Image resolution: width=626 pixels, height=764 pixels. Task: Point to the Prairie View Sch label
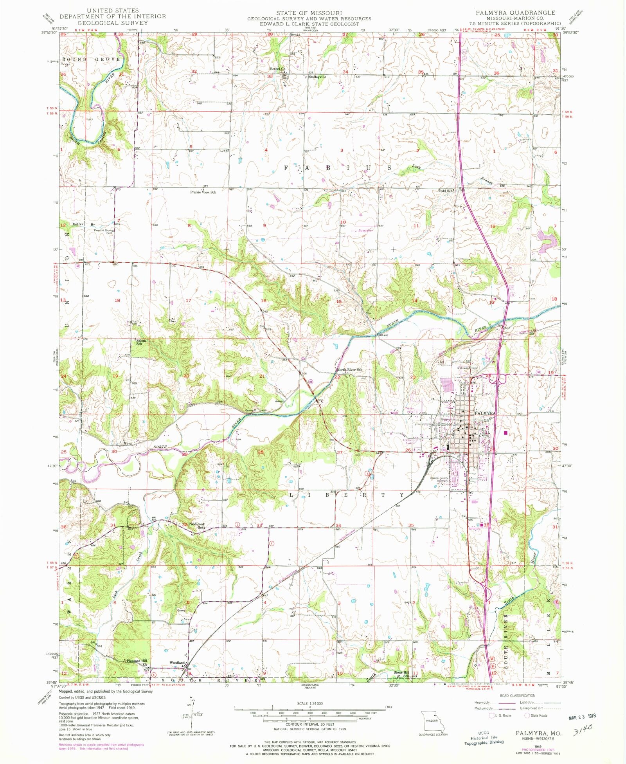pyautogui.click(x=203, y=192)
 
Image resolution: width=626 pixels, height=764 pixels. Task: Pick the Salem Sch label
pyautogui.click(x=141, y=342)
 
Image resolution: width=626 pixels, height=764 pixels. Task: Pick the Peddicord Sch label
pyautogui.click(x=197, y=525)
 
